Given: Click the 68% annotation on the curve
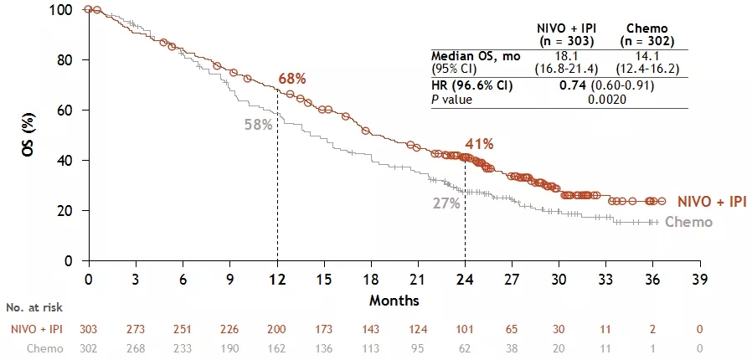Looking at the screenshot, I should tap(292, 79).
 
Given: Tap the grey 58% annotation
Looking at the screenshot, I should tap(258, 125).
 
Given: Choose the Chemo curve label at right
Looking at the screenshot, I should tap(688, 222).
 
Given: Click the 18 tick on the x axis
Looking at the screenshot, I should tap(370, 279).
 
